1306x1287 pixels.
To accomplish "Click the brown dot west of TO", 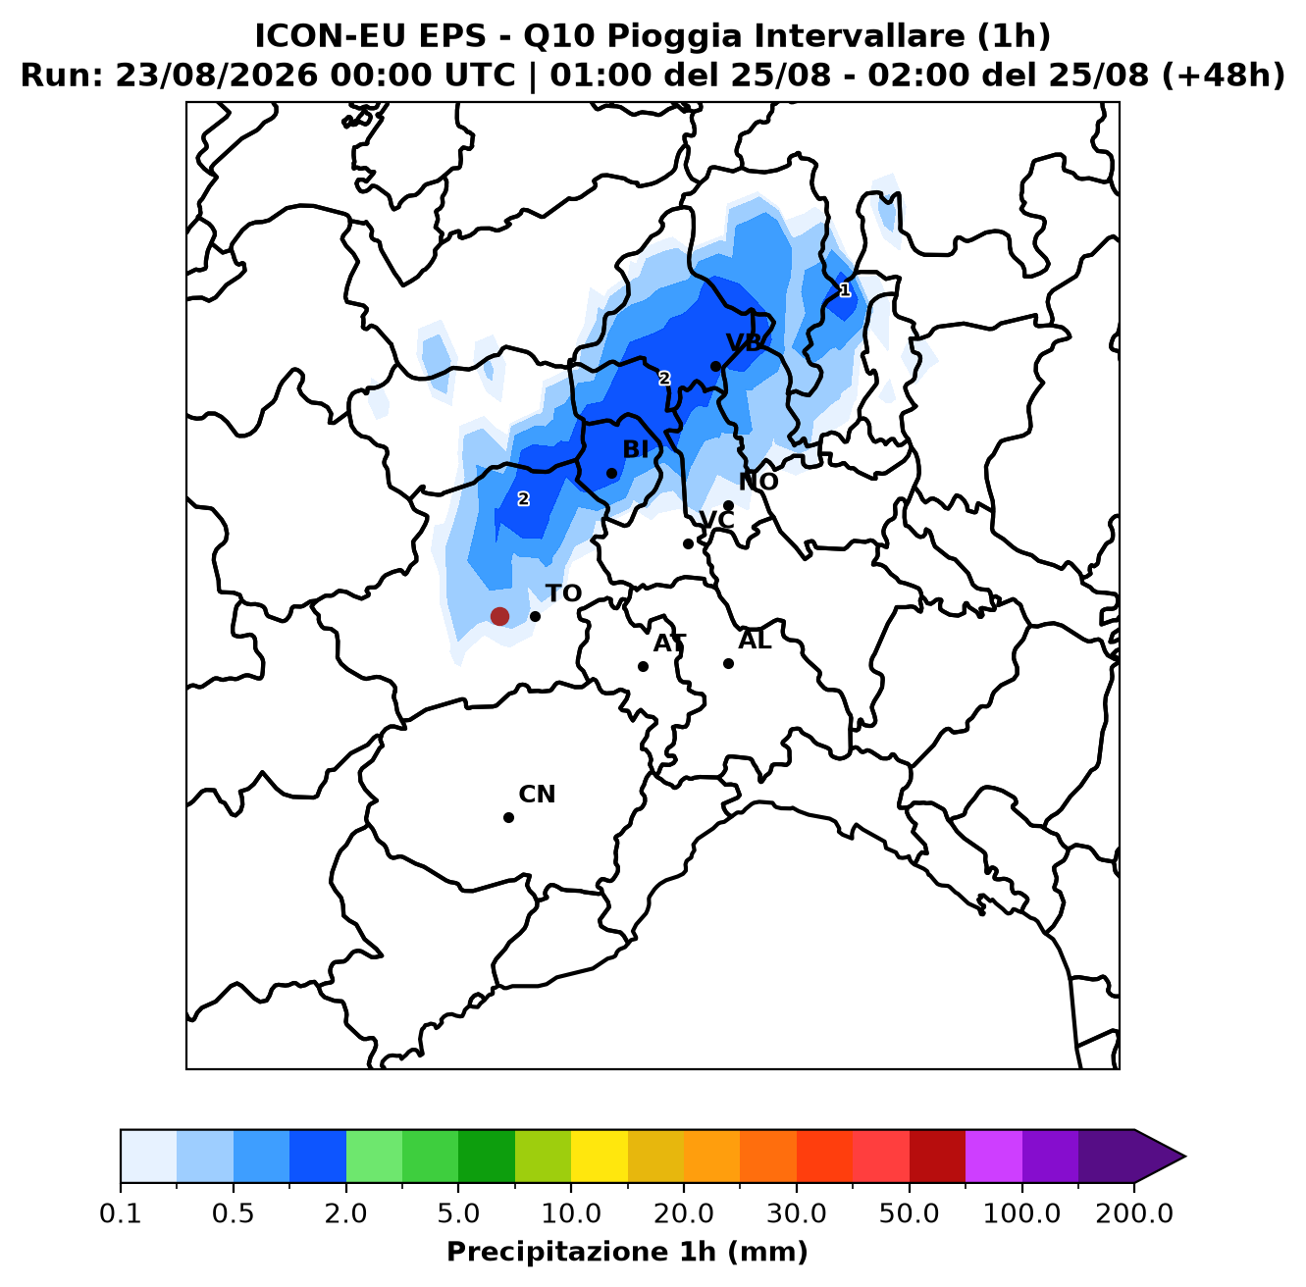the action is pyautogui.click(x=500, y=617).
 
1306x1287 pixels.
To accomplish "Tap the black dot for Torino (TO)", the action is pyautogui.click(x=536, y=617).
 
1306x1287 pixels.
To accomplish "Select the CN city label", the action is pyautogui.click(x=538, y=795).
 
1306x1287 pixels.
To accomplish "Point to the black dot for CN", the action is pyautogui.click(x=509, y=818).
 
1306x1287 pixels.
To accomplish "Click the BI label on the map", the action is pyautogui.click(x=636, y=449).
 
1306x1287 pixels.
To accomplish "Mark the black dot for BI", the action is pyautogui.click(x=612, y=474).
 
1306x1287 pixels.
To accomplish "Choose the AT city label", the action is pyautogui.click(x=670, y=643).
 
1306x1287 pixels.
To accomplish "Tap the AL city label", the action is pyautogui.click(x=755, y=641).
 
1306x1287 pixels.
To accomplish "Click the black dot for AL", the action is pyautogui.click(x=729, y=664).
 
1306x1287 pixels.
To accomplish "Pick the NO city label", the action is pyautogui.click(x=758, y=482).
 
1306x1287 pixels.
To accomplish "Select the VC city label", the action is pyautogui.click(x=717, y=520).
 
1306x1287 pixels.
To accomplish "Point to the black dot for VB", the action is pyautogui.click(x=716, y=367).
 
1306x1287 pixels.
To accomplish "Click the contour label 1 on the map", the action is pyautogui.click(x=845, y=290).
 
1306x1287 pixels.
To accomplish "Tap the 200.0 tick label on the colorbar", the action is pyautogui.click(x=1134, y=1213).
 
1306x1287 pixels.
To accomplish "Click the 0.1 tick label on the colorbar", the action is pyautogui.click(x=121, y=1213).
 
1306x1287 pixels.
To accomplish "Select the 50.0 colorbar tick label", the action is pyautogui.click(x=910, y=1213).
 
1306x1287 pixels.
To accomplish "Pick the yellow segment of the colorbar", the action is pyautogui.click(x=600, y=1157).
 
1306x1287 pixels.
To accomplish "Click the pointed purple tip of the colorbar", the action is pyautogui.click(x=1185, y=1157).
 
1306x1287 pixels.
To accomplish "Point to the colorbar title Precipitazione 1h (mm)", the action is pyautogui.click(x=628, y=1252).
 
